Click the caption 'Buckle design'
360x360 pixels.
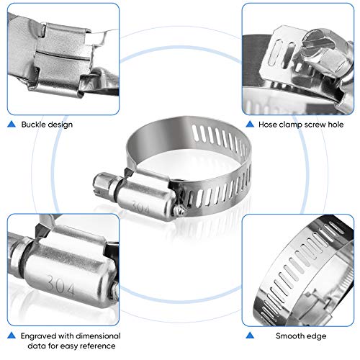click(x=48, y=125)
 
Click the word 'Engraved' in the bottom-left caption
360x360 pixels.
click(x=39, y=335)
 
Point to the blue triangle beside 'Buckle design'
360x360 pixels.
click(x=10, y=125)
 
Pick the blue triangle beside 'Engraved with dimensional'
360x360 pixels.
click(x=10, y=335)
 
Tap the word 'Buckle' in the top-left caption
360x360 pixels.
click(x=35, y=125)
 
